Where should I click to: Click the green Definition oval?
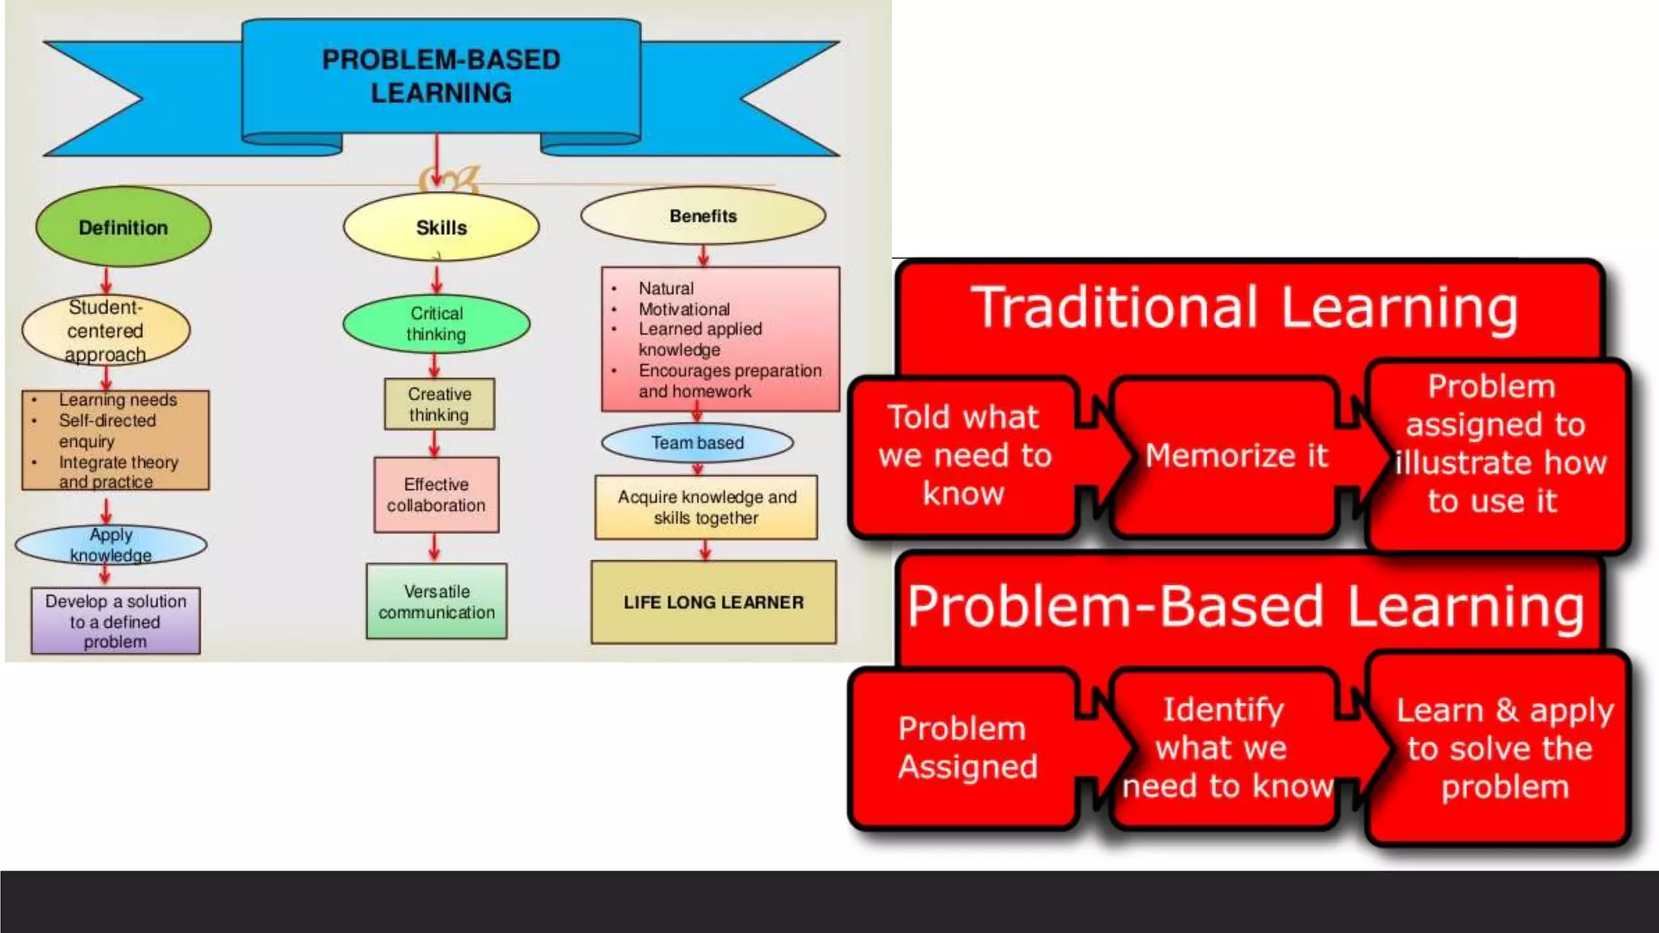click(x=123, y=228)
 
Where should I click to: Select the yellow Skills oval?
click(x=441, y=228)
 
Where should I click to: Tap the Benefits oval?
click(x=702, y=216)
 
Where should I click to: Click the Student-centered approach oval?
click(x=105, y=330)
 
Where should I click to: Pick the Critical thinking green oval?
click(x=436, y=324)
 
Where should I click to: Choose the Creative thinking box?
click(x=439, y=404)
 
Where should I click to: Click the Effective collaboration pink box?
click(x=436, y=495)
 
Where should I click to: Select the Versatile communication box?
click(x=437, y=602)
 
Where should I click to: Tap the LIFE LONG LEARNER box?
click(x=713, y=603)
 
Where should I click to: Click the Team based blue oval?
click(x=697, y=443)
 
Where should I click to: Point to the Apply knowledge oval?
click(x=110, y=545)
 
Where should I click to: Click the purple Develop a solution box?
click(x=115, y=621)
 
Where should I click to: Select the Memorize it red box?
click(x=1235, y=456)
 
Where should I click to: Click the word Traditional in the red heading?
click(x=1117, y=308)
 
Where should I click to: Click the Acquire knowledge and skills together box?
click(x=706, y=507)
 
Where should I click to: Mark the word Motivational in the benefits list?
click(x=684, y=309)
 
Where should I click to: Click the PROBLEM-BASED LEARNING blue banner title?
click(x=441, y=76)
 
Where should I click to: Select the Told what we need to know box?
click(x=964, y=456)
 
